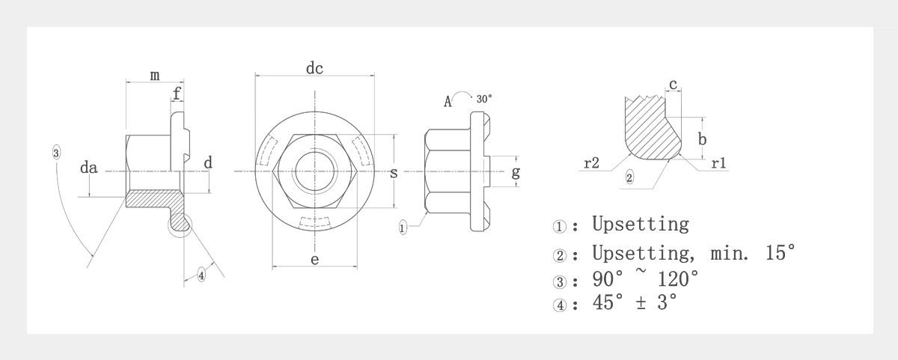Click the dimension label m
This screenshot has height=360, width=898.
[154, 75]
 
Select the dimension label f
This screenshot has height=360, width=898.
[177, 94]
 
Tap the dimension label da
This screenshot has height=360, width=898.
[89, 168]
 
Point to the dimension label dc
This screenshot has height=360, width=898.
[314, 68]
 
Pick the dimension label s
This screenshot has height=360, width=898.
[394, 173]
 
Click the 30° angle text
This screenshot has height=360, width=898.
[484, 99]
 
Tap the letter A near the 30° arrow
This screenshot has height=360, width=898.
[448, 102]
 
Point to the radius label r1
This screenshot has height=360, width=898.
[719, 162]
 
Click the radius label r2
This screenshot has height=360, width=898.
[591, 162]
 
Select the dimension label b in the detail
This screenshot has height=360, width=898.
[702, 138]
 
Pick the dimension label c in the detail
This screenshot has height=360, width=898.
[673, 85]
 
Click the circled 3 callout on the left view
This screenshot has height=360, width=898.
[57, 153]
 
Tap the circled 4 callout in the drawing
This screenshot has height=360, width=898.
[201, 275]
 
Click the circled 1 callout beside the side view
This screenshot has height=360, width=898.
[403, 228]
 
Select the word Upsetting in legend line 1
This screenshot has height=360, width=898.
[640, 224]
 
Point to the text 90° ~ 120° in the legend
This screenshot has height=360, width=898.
[645, 278]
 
